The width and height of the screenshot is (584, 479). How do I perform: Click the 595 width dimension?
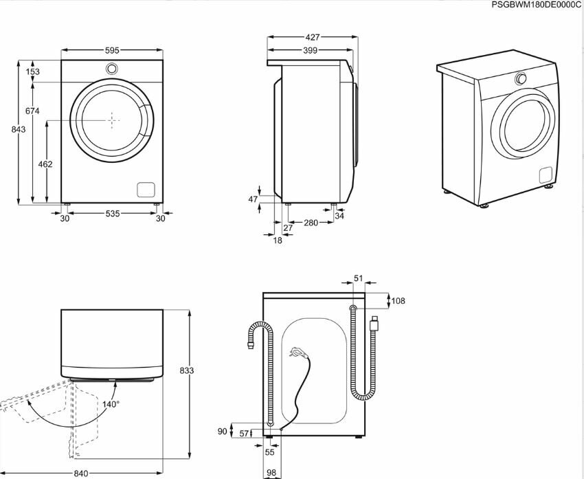coord(112,50)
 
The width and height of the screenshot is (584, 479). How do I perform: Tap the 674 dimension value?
coord(32,111)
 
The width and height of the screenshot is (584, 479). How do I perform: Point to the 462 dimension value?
coord(45,164)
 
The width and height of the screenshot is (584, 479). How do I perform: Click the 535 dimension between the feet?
coord(112,214)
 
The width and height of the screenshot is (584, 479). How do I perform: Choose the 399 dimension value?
coord(311,51)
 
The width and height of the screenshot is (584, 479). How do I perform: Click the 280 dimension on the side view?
coord(310,223)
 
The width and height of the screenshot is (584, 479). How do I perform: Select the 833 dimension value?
coord(186,370)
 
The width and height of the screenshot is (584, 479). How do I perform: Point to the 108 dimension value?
coord(398,300)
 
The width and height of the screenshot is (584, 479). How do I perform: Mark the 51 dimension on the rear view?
coord(357,278)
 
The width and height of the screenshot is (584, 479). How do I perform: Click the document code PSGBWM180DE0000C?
coord(536,5)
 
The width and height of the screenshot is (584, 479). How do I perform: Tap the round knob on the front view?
coord(111,69)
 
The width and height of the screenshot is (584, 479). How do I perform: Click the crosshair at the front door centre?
coord(112,120)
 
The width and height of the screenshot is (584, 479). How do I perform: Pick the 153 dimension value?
coord(32,71)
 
